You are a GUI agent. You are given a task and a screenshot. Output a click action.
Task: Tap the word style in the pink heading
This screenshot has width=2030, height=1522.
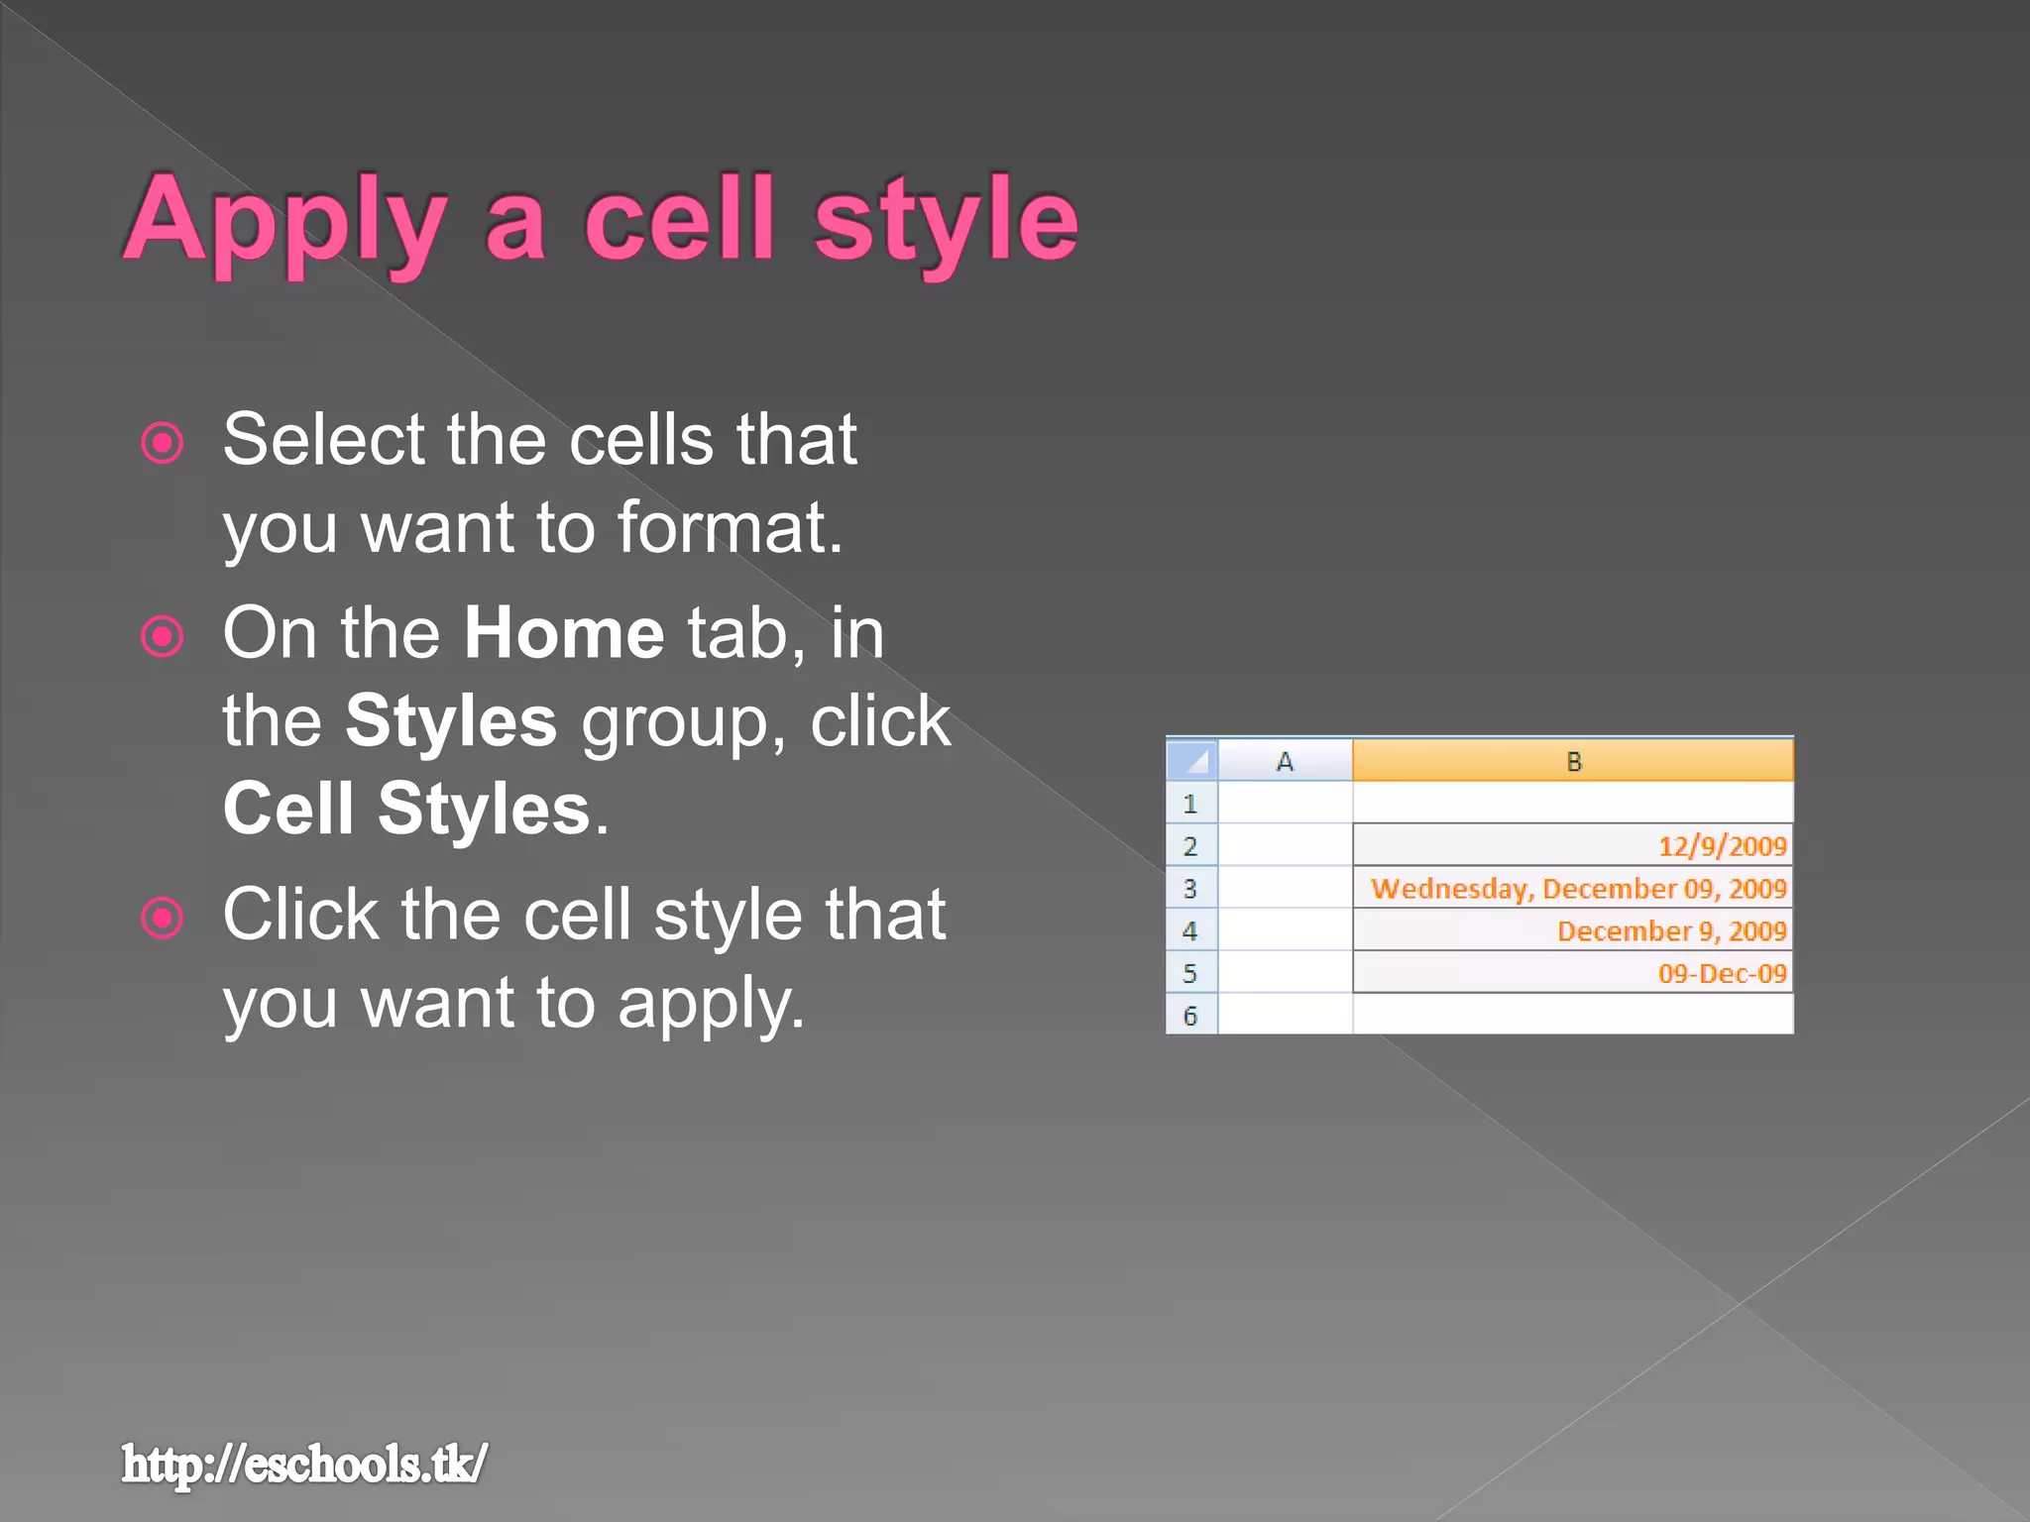tap(946, 220)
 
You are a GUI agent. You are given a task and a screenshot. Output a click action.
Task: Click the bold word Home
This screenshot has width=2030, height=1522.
tap(564, 633)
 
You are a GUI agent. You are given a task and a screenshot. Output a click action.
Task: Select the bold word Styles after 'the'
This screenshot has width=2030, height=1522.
tap(451, 721)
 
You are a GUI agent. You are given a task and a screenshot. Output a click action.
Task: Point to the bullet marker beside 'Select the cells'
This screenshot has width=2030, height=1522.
tap(163, 443)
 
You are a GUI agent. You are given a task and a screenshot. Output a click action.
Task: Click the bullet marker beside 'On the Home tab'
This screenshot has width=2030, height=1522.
tap(163, 636)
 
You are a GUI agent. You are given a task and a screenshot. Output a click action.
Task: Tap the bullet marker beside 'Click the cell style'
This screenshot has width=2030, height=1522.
tap(163, 918)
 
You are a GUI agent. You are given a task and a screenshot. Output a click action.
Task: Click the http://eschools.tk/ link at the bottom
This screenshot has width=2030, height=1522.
tap(304, 1464)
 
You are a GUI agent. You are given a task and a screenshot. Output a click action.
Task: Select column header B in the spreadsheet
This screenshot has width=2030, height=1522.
tap(1573, 762)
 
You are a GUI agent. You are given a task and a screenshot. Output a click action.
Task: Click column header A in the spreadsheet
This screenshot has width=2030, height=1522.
tap(1285, 762)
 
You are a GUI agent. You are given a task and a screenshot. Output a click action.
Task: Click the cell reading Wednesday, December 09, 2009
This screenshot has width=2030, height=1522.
tap(1578, 889)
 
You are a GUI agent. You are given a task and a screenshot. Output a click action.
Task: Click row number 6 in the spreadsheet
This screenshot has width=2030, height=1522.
tap(1190, 1016)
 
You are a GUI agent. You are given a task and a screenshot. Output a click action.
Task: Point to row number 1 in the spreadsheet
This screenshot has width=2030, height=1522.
tap(1190, 804)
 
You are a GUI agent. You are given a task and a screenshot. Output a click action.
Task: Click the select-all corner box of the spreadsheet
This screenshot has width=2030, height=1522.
tap(1192, 761)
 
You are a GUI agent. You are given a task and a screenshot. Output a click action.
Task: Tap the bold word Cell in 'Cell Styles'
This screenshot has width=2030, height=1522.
tap(288, 809)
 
